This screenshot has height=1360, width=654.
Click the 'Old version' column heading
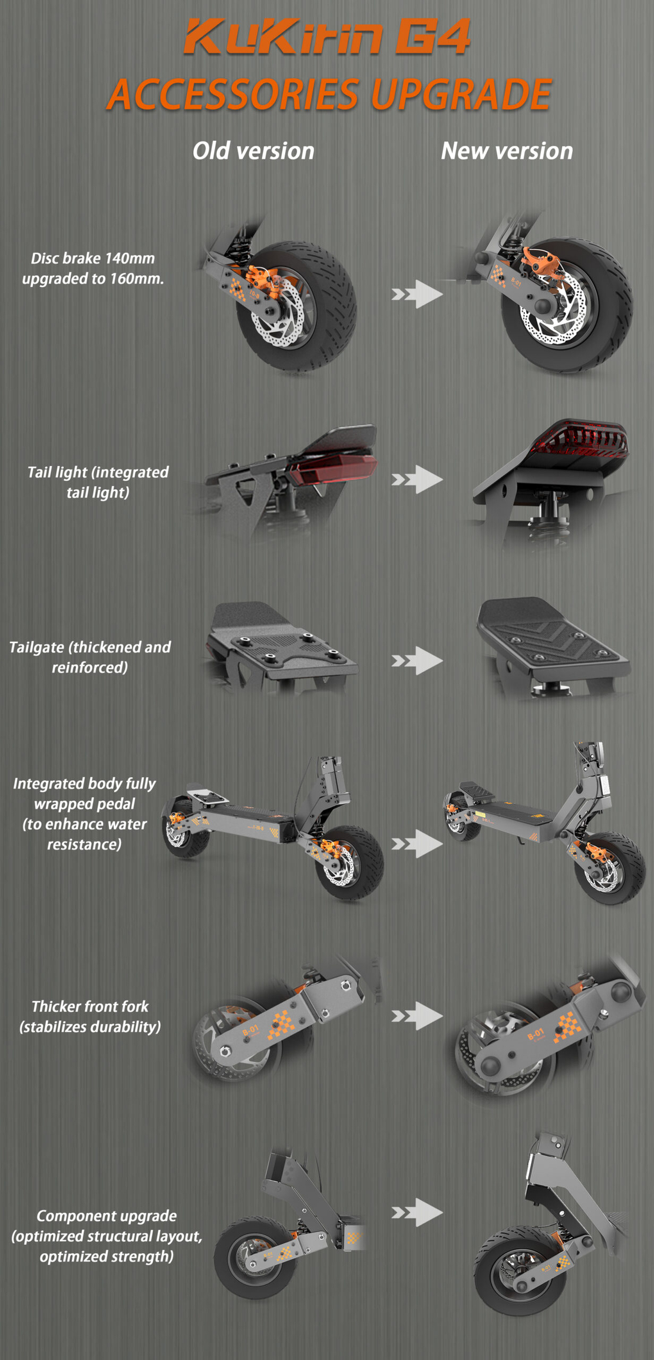[x=253, y=151]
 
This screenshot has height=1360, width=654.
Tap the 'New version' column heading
[x=507, y=151]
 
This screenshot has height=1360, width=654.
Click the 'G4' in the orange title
[x=432, y=37]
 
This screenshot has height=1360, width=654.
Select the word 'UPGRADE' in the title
[x=461, y=94]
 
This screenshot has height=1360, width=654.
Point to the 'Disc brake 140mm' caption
[x=93, y=258]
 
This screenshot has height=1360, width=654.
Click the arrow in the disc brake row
[x=417, y=293]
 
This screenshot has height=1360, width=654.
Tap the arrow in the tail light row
[x=417, y=479]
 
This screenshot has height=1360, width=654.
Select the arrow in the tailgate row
[x=417, y=661]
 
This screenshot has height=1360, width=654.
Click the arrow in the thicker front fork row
[x=417, y=1016]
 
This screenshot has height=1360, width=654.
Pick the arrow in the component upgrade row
[x=417, y=1213]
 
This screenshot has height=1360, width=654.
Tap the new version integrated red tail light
[x=580, y=438]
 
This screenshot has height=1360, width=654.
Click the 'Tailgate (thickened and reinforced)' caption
[x=90, y=657]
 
